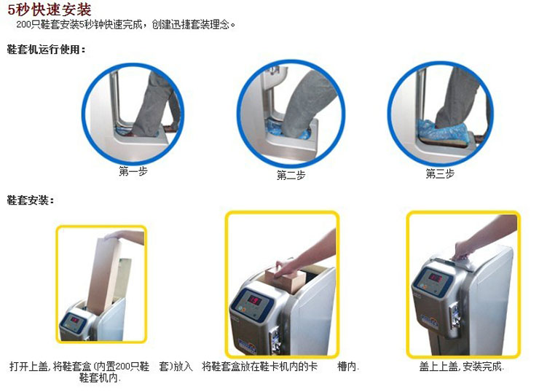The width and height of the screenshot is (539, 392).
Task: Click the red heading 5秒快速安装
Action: [49, 9]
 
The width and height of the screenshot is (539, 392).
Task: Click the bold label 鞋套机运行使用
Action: [46, 50]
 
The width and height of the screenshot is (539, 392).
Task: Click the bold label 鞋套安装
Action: [31, 200]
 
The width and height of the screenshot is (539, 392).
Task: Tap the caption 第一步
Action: [133, 171]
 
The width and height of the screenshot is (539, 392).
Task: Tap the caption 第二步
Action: [291, 175]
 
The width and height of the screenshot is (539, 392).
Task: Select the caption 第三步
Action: [440, 173]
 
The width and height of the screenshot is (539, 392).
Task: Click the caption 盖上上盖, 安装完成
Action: [461, 366]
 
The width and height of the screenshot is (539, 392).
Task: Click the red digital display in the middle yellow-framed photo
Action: [255, 300]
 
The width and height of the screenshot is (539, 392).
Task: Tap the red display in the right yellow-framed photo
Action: [435, 278]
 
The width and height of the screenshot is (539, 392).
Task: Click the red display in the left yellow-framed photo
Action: [74, 320]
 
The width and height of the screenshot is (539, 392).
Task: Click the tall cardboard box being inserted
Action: [103, 275]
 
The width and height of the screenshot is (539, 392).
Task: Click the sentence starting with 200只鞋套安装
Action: [125, 25]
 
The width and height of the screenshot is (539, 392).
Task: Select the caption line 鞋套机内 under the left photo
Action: [100, 378]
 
